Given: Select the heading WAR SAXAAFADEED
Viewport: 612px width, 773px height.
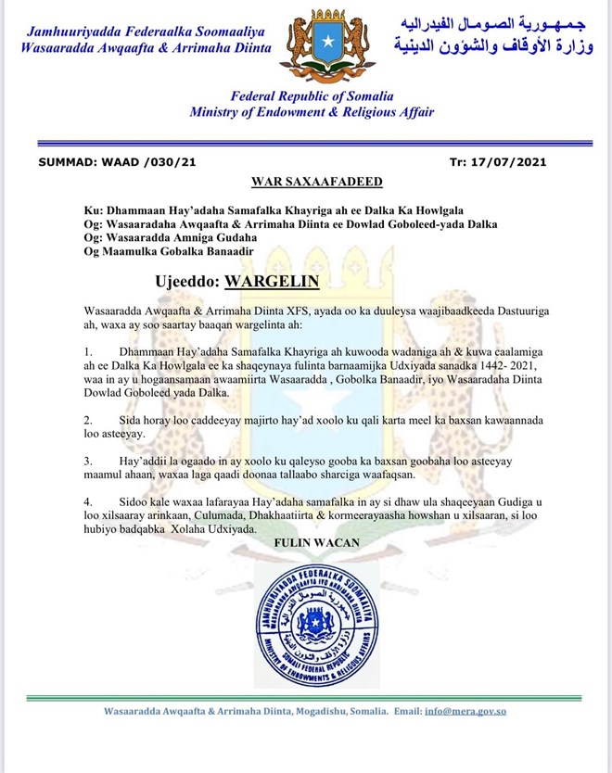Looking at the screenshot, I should pos(316,181).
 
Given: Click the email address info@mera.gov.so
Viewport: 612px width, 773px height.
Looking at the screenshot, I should pos(465,711).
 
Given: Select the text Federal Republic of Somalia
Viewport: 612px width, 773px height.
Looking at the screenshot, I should pos(312,95).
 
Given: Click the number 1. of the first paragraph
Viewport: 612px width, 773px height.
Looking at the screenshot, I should pos(88,352).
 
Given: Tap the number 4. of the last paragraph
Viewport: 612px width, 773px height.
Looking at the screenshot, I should pos(88,500).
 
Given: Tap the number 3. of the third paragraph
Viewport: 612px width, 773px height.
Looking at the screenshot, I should pos(88,460).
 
